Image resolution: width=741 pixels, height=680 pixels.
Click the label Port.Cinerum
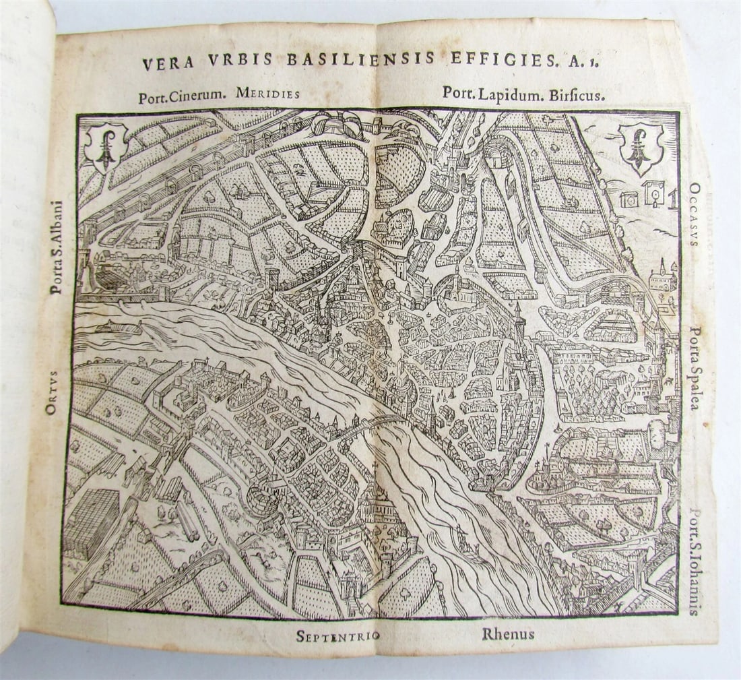[181, 96]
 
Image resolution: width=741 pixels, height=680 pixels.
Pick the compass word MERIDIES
[267, 94]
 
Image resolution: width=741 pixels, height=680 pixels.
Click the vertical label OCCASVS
[694, 214]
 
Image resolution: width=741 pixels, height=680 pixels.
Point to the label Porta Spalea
[695, 368]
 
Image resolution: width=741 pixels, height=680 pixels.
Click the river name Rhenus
[508, 633]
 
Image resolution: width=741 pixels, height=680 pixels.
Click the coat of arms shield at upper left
[105, 146]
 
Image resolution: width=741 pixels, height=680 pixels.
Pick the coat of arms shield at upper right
[641, 148]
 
